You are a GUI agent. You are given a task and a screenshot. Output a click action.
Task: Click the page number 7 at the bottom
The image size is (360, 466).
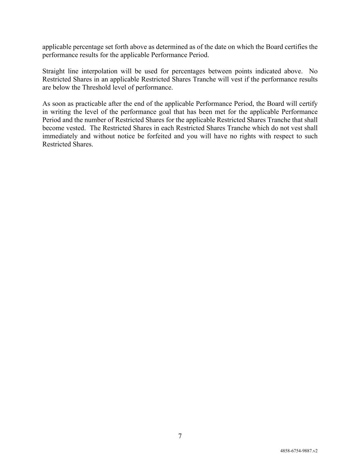(x=180, y=436)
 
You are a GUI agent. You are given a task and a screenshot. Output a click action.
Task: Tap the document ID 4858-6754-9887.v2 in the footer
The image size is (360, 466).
(x=299, y=451)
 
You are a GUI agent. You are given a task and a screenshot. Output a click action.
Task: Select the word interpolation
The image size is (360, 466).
(x=93, y=71)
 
